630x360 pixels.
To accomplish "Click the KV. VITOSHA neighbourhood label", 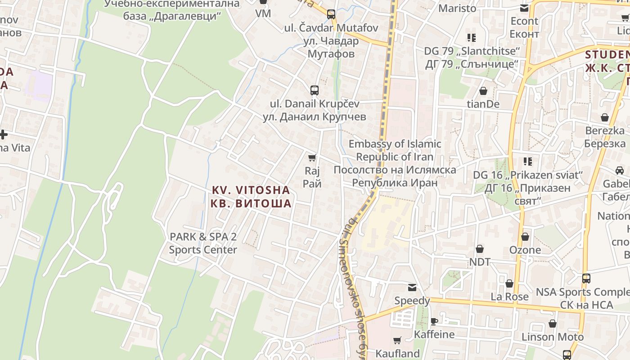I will pyautogui.click(x=251, y=197).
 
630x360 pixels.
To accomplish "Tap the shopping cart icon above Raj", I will pyautogui.click(x=312, y=157).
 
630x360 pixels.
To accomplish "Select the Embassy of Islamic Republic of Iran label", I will pyautogui.click(x=395, y=163).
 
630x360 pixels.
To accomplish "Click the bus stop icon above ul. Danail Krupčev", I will pyautogui.click(x=314, y=90).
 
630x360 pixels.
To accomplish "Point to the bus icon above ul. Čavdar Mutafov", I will pyautogui.click(x=331, y=14).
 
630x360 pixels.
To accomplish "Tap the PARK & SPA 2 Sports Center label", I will pyautogui.click(x=203, y=243).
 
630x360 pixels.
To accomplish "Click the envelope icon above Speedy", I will pyautogui.click(x=412, y=288).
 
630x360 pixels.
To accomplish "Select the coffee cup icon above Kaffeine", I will pyautogui.click(x=434, y=321).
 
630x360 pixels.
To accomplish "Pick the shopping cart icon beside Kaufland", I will pyautogui.click(x=397, y=341).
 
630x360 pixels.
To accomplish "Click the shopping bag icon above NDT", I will pyautogui.click(x=480, y=249).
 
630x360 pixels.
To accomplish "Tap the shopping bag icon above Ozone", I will pyautogui.click(x=525, y=237).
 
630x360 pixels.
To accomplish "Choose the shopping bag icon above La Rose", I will pyautogui.click(x=509, y=283).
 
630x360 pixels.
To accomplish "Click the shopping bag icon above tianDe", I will pyautogui.click(x=483, y=91).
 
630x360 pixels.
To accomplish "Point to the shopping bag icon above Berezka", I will pyautogui.click(x=605, y=117).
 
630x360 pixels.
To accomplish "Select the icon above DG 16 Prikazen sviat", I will pyautogui.click(x=528, y=161).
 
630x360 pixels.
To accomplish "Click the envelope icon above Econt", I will pyautogui.click(x=524, y=8).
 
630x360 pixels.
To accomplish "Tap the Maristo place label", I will pyautogui.click(x=457, y=8).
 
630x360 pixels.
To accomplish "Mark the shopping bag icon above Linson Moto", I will pyautogui.click(x=553, y=324).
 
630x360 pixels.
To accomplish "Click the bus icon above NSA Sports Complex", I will pyautogui.click(x=586, y=279).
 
